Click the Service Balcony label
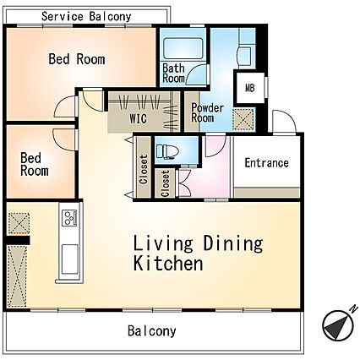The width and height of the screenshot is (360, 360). coord(86,17)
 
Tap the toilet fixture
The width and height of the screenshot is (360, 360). coord(167,151)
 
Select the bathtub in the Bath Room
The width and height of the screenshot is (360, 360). coord(183,48)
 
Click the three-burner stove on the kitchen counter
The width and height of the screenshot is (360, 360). coord(69,218)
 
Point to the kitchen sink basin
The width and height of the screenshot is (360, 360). coord(69,259)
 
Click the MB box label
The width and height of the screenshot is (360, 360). coord(250,88)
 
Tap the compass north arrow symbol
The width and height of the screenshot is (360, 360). coord(338,325)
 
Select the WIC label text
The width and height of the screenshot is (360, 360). coord(138,118)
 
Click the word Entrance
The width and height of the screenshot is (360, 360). coord(266,163)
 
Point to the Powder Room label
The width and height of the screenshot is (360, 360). coord(207,112)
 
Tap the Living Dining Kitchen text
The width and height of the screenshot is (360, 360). coord(198,254)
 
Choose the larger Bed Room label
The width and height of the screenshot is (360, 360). coord(77,59)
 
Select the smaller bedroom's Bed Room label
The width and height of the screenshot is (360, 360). coord(35,165)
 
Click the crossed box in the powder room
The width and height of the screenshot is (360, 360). coord(243,119)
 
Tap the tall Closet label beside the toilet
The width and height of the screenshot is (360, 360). coord(144,170)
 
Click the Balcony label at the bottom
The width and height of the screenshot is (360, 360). coord(152,330)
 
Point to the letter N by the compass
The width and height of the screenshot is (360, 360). coord(353,308)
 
